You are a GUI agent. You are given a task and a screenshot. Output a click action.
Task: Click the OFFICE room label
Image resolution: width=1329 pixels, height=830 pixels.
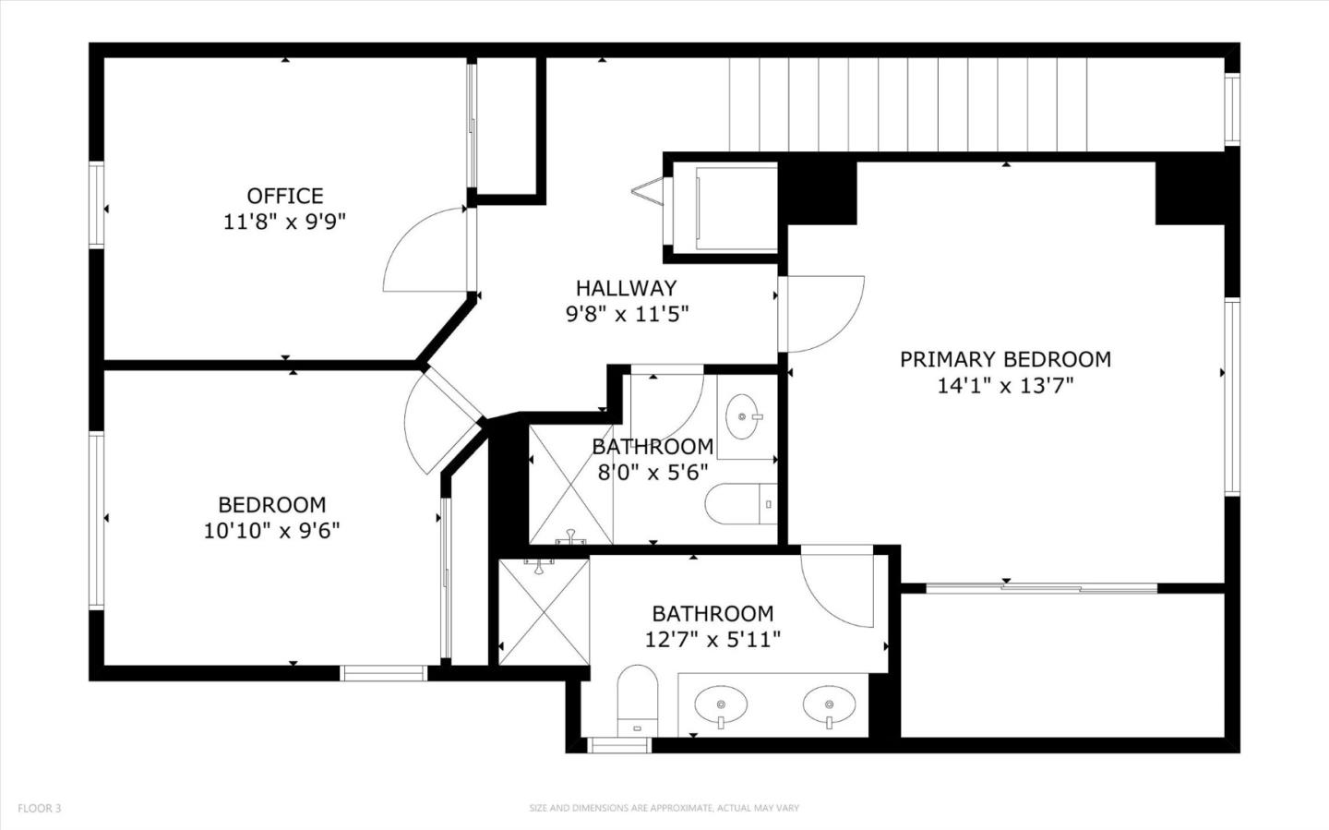click(x=284, y=196)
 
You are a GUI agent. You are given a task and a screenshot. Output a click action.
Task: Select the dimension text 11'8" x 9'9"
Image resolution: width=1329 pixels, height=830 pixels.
click(x=284, y=223)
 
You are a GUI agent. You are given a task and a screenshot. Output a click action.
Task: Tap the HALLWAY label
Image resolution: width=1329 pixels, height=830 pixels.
click(x=626, y=288)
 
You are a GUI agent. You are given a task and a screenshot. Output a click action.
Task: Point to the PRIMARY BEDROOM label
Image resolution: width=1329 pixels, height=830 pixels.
click(x=1005, y=359)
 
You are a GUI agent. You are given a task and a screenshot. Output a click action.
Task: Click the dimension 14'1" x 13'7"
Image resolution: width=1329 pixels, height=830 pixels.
click(x=1005, y=386)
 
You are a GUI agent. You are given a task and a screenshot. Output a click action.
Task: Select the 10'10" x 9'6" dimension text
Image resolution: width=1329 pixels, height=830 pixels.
click(x=271, y=531)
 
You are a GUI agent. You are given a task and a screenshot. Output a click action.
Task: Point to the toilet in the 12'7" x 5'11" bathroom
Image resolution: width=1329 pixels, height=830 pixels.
click(x=636, y=698)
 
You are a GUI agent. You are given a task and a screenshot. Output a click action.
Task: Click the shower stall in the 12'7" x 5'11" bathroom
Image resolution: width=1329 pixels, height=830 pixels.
click(x=544, y=611)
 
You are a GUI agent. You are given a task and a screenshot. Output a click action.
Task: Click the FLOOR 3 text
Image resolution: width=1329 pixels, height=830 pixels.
click(x=39, y=809)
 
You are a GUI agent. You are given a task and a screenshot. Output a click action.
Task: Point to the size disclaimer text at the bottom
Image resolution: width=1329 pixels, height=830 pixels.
click(x=664, y=809)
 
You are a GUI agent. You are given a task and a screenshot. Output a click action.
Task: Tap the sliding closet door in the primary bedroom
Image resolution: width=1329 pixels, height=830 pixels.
click(x=1041, y=587)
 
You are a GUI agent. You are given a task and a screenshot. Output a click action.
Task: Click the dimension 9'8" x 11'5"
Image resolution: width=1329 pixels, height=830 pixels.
click(x=626, y=315)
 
